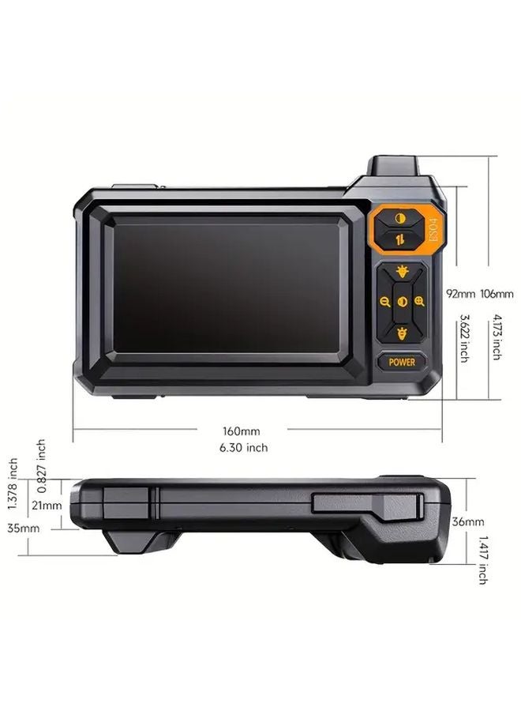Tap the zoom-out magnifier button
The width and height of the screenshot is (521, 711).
tap(385, 302)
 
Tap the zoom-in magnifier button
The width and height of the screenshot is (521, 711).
tap(419, 302)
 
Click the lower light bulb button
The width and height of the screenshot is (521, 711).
tap(403, 333)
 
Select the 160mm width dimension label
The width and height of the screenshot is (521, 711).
tap(241, 431)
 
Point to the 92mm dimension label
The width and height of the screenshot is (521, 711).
tap(460, 294)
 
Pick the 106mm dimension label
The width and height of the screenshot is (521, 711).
tap(497, 294)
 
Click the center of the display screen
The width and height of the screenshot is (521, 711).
tap(227, 284)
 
